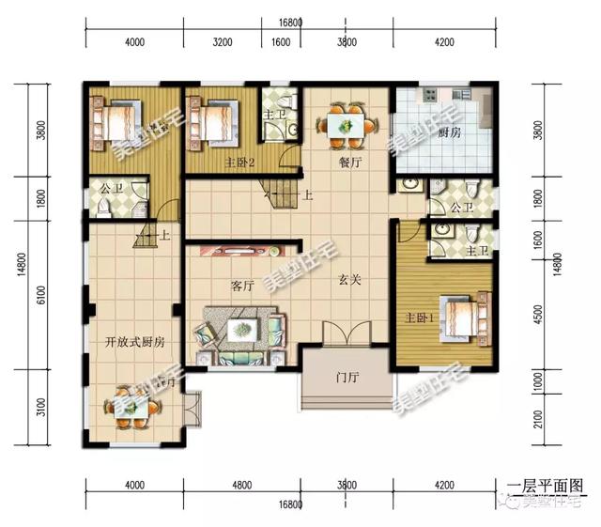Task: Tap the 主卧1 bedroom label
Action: pos(419,317)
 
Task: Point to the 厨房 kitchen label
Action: pos(450,134)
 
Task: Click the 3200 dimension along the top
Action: pos(223,42)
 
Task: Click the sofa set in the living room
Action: pos(239,333)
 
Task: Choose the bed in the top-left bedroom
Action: pos(117,123)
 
